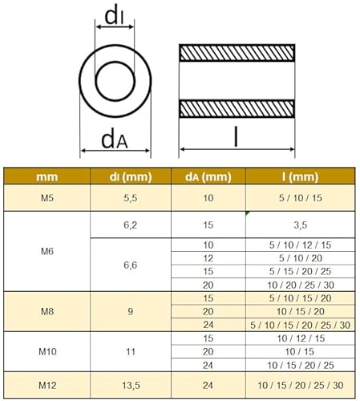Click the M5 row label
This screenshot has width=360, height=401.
click(47, 197)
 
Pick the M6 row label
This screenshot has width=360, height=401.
click(47, 251)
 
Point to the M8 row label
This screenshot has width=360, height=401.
click(47, 310)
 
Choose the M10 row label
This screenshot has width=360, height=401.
click(47, 350)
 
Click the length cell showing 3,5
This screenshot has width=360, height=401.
click(301, 226)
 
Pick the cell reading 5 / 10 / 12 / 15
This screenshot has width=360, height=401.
click(301, 244)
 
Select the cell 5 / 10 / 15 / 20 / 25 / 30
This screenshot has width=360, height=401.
click(301, 324)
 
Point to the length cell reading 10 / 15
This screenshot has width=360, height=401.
click(301, 350)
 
